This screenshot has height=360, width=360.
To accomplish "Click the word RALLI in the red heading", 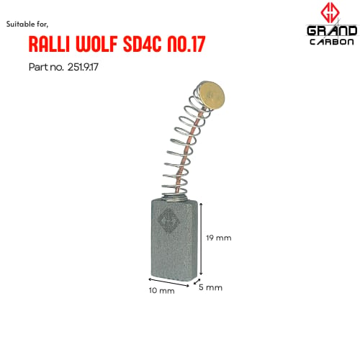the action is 48,44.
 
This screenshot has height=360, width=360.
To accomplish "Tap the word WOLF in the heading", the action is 96,44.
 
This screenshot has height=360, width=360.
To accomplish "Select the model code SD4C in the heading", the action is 142,44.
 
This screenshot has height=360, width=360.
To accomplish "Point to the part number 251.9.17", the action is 83,67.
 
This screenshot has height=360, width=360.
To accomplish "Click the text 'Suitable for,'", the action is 27,24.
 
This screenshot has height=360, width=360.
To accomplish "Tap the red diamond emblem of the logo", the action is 330,13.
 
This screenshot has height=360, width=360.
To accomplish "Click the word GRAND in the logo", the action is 332,31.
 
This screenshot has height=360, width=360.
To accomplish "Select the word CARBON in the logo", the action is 332,42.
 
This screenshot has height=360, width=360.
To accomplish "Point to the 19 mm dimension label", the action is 219,238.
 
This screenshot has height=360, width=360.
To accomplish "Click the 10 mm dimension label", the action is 162,291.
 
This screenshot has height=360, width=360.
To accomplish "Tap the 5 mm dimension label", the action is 210,287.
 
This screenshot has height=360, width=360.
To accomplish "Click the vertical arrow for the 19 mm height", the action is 201,239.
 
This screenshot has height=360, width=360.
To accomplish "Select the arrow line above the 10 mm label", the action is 168,282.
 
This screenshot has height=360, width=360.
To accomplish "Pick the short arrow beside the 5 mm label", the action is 197,282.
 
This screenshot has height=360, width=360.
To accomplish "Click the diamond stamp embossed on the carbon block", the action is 169,220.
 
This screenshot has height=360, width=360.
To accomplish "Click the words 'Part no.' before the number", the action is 46,67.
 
